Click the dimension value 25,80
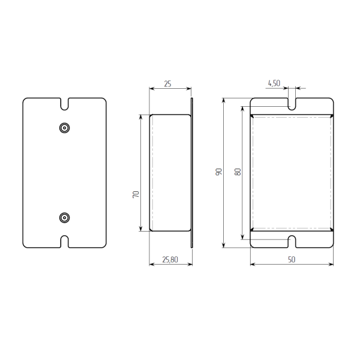[x=170, y=259]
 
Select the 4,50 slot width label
[x=274, y=83]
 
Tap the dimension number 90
[x=218, y=172]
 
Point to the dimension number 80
[x=238, y=172]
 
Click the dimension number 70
[x=136, y=194]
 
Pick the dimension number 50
[x=292, y=259]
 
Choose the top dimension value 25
[x=167, y=84]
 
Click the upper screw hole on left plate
[x=65, y=128]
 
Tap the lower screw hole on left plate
[x=65, y=218]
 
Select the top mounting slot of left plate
[x=65, y=104]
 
